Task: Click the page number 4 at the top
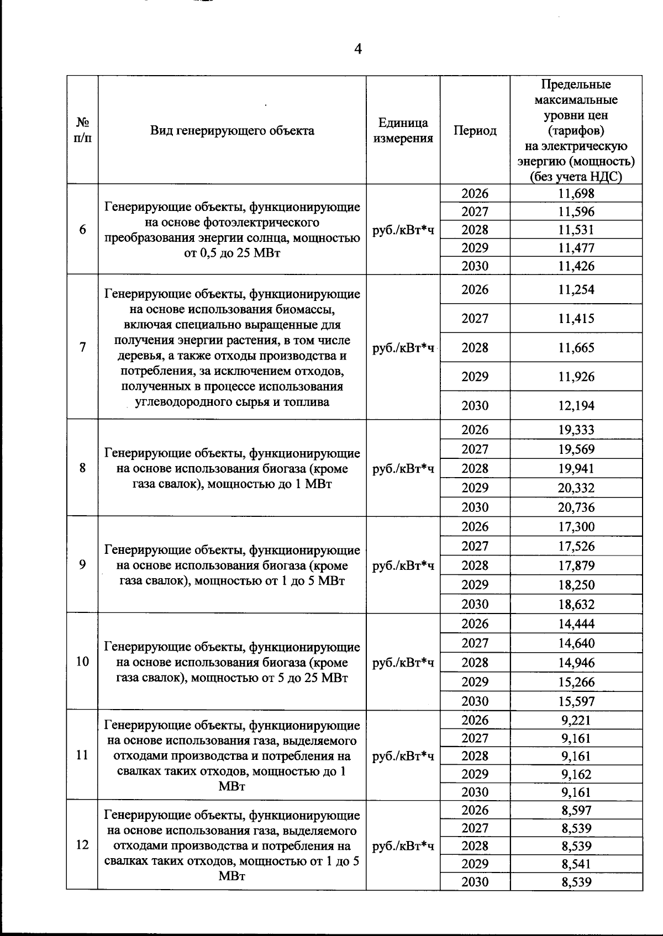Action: point(358,50)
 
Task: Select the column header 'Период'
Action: point(475,131)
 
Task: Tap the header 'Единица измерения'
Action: point(403,131)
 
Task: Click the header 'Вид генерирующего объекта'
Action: point(232,131)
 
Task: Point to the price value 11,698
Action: point(576,194)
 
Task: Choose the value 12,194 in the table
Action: point(576,406)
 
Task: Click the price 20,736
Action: point(576,507)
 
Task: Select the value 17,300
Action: point(576,527)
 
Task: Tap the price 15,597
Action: point(576,701)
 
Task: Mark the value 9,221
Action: point(576,720)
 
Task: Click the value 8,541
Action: point(576,864)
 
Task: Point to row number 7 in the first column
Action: point(82,347)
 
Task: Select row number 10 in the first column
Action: point(82,661)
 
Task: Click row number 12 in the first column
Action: point(82,845)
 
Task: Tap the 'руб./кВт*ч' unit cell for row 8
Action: point(403,469)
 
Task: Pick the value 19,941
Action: point(576,469)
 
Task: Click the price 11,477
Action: point(576,248)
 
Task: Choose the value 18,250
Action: point(576,585)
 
